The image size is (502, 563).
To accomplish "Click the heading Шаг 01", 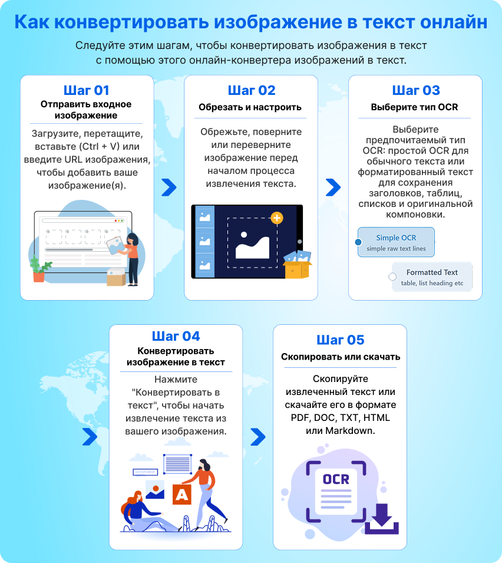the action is [x=87, y=90].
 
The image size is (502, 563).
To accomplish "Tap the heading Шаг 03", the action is [x=416, y=90].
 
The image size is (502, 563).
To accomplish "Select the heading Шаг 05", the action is [x=340, y=340].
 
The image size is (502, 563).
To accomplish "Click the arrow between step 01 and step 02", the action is [x=169, y=187].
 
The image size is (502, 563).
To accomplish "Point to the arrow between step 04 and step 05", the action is [x=258, y=437].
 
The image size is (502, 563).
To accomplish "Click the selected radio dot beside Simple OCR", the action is [x=358, y=242].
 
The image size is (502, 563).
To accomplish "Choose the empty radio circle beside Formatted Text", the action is [x=392, y=276].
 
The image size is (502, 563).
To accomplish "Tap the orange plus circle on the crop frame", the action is [x=277, y=218].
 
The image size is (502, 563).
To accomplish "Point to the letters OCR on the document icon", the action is [x=336, y=479].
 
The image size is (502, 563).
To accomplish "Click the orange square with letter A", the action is [x=182, y=495].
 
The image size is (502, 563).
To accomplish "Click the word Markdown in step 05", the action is [x=349, y=430].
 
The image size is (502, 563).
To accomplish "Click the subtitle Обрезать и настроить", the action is [x=250, y=107].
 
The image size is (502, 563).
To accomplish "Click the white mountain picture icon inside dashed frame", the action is [x=252, y=245].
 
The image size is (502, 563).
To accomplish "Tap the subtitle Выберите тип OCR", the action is [x=414, y=107].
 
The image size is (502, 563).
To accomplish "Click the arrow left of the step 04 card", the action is [x=90, y=437].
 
